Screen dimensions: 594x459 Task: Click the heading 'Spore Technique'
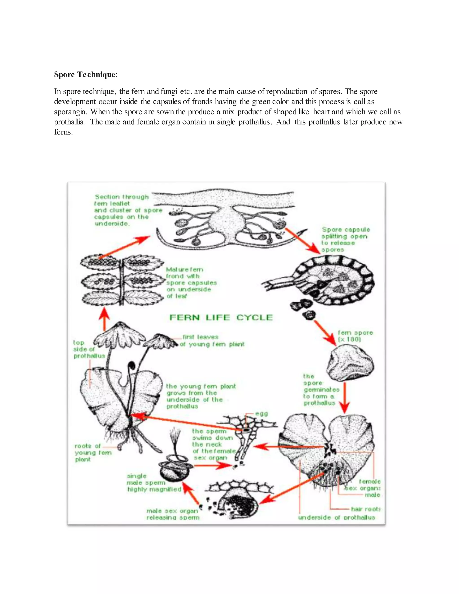84,74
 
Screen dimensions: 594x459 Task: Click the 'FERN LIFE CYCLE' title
221,317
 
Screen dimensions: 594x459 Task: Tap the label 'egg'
261,414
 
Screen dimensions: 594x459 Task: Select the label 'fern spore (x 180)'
355,336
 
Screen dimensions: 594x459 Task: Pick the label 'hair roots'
365,509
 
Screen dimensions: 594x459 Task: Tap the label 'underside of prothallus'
336,517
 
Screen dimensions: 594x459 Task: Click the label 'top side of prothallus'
89,349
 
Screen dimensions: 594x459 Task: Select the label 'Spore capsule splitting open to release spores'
345,240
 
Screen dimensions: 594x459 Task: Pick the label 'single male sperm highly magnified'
154,483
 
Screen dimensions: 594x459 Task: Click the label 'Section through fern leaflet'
121,200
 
